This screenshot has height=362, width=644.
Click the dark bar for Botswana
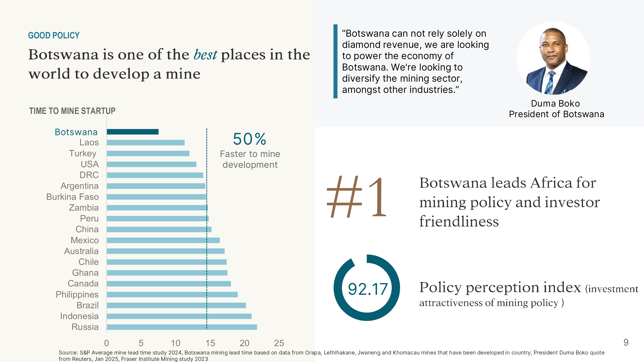(x=133, y=132)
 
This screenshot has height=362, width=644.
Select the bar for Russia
(x=182, y=327)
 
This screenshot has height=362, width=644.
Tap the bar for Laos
(x=145, y=143)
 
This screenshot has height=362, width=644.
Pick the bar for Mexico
(x=163, y=240)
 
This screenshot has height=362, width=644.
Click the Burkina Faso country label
(x=72, y=197)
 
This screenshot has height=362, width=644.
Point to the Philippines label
(x=77, y=295)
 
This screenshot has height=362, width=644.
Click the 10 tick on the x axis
(x=175, y=343)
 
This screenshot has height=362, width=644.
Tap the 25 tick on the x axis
(x=279, y=343)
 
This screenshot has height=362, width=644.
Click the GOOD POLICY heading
(x=54, y=36)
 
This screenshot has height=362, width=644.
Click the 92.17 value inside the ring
(x=368, y=289)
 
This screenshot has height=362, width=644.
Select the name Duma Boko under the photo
(x=555, y=103)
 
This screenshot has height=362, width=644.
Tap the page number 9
(x=626, y=343)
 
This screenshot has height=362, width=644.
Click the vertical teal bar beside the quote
(x=335, y=61)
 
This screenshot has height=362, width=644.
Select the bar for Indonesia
(x=179, y=316)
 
